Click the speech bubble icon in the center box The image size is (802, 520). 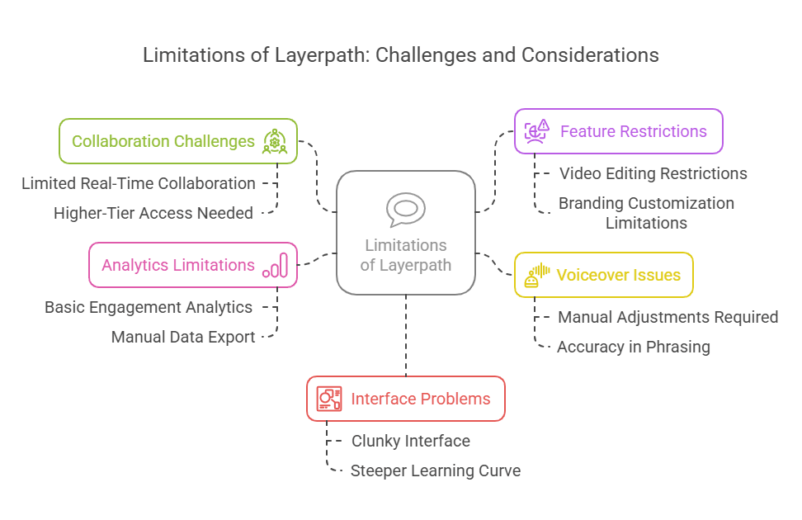click(405, 209)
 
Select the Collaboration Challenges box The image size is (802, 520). click(177, 141)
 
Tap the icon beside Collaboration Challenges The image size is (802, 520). click(275, 141)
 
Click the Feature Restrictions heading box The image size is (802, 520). click(618, 131)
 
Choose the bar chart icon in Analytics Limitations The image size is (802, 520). click(276, 266)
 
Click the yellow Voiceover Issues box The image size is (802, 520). click(603, 275)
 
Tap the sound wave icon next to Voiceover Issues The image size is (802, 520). click(538, 275)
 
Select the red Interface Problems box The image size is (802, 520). click(405, 399)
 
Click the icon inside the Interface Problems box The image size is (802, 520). click(329, 399)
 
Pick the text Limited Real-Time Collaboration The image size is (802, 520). click(139, 183)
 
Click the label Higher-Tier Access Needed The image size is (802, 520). click(153, 213)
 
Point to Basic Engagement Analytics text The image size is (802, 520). click(149, 307)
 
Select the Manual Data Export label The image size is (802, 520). click(183, 337)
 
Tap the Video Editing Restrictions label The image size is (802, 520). click(653, 173)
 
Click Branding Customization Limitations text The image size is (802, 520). click(646, 213)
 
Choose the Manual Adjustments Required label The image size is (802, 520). click(668, 317)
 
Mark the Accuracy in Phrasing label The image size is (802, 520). click(633, 347)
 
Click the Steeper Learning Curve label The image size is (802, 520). click(435, 470)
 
